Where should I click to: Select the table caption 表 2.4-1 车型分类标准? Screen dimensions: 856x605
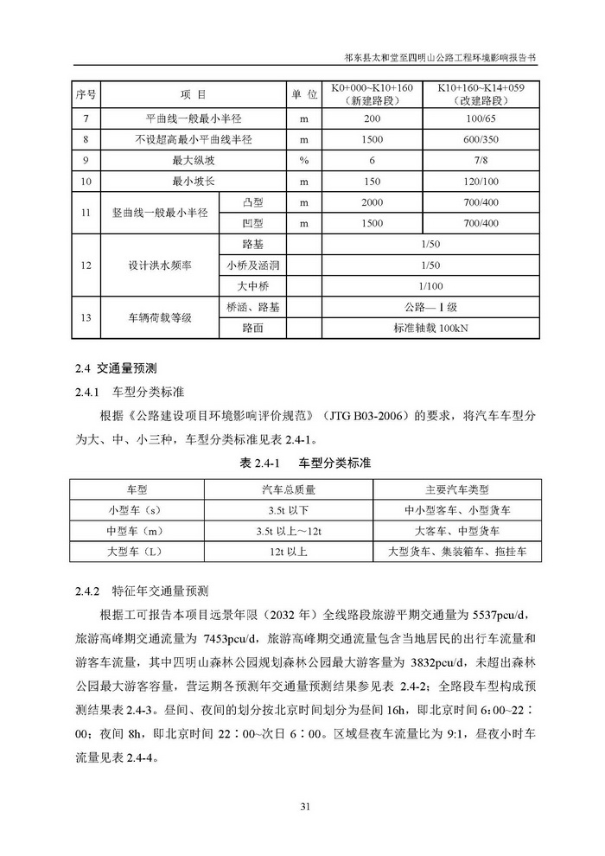click(x=303, y=463)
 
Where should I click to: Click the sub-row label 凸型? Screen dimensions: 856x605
click(x=252, y=202)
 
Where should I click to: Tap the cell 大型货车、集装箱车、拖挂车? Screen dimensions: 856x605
click(x=456, y=550)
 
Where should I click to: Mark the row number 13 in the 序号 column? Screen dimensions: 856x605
click(x=85, y=318)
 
